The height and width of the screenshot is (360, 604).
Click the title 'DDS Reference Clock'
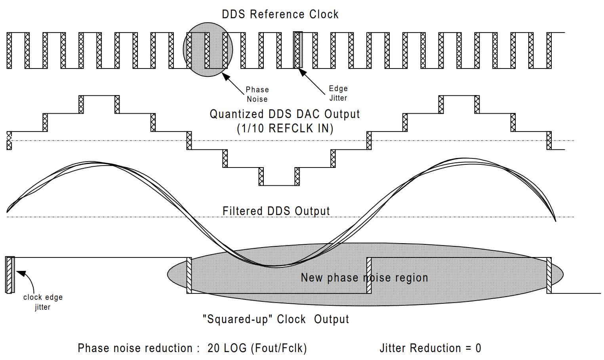[x=280, y=14]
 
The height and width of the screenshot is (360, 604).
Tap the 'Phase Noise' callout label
[x=257, y=94]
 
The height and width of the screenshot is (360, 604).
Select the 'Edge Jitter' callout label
[x=338, y=93]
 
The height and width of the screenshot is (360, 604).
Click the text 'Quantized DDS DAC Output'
[x=284, y=114]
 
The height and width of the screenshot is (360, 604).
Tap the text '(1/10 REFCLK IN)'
[x=285, y=128]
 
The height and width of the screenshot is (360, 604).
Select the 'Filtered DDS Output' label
[x=276, y=211]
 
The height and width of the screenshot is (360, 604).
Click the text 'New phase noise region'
[x=364, y=278]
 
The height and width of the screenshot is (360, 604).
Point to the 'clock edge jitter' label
[x=43, y=302]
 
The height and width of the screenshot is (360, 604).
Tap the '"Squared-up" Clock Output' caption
[x=276, y=319]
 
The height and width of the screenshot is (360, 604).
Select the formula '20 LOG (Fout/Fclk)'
[x=257, y=348]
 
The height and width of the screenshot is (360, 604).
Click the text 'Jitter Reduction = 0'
[x=430, y=348]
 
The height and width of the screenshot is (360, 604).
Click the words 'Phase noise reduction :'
[x=138, y=348]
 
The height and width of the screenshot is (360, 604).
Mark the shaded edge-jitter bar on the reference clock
[x=298, y=50]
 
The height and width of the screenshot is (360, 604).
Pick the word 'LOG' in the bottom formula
[x=235, y=348]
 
